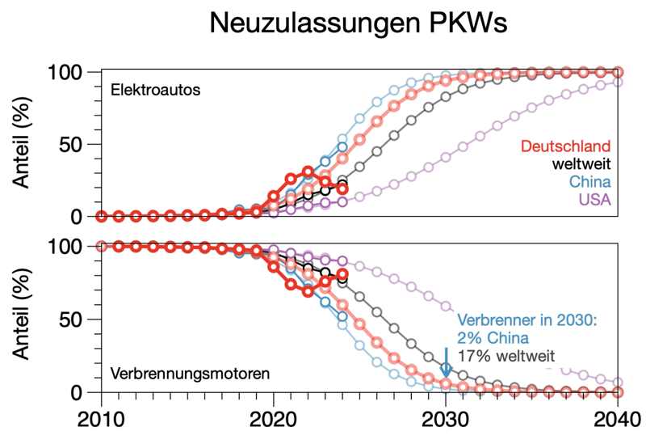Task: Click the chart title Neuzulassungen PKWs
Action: [x=358, y=23]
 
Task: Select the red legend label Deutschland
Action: [x=564, y=146]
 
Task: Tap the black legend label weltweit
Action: [x=581, y=164]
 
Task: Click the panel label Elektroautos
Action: [x=156, y=90]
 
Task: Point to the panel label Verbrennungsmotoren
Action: [x=190, y=374]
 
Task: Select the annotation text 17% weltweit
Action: [x=505, y=355]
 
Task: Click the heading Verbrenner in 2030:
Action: [x=526, y=319]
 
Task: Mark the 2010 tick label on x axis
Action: [x=101, y=421]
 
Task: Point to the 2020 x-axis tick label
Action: [x=274, y=421]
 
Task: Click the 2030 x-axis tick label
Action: [x=446, y=421]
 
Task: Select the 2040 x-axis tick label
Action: [x=616, y=421]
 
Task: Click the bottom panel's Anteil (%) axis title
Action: [x=25, y=319]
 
